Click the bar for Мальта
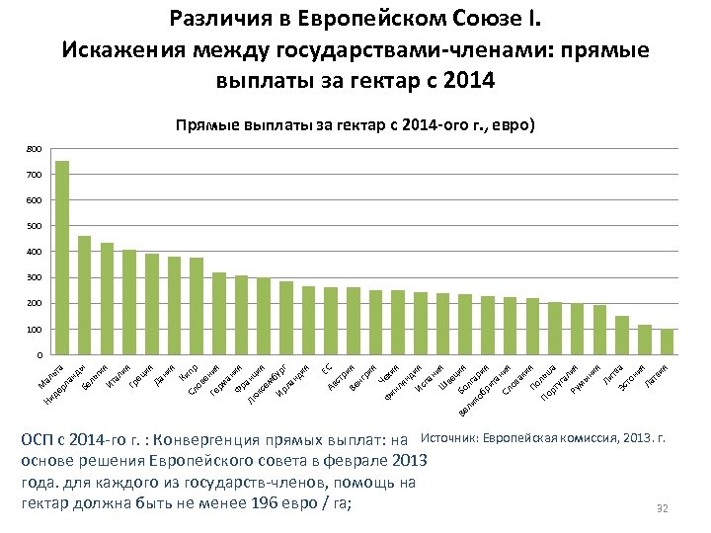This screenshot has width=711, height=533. (61, 258)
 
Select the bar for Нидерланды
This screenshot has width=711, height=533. (84, 295)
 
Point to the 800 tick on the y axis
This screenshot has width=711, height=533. (35, 149)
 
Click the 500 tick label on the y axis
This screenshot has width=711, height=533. (35, 226)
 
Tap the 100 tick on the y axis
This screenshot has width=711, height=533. (35, 329)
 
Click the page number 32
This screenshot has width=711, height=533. (663, 508)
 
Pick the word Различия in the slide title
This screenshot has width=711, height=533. (212, 19)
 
